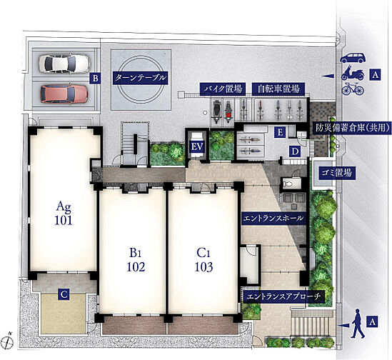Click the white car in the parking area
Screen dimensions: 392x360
(x=65, y=64)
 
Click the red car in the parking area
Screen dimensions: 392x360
(x=64, y=94)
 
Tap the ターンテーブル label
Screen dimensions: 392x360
(x=140, y=78)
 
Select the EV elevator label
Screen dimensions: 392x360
(x=197, y=147)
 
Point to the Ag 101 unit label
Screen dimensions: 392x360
(x=64, y=214)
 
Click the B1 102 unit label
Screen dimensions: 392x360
(x=136, y=260)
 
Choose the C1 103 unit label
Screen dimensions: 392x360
(x=203, y=260)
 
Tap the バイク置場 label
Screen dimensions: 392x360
(x=222, y=89)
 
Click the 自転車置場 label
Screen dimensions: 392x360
(x=278, y=89)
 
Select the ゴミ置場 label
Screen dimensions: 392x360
(x=336, y=173)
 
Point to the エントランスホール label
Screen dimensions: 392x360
(x=273, y=219)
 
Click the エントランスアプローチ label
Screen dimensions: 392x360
(x=283, y=296)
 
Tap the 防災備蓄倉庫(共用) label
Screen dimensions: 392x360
(x=352, y=128)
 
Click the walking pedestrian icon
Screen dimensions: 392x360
(x=358, y=324)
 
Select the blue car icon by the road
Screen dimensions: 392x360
(x=353, y=58)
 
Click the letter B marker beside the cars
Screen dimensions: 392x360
(x=95, y=79)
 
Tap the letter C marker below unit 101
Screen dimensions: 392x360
(x=64, y=295)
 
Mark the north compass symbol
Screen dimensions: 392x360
(x=8, y=341)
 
